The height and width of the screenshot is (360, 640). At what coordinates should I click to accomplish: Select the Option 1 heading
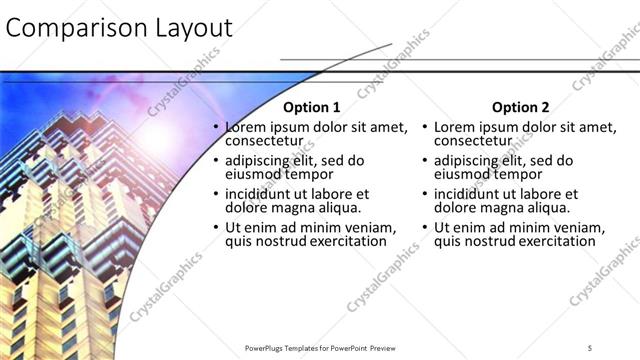click(311, 107)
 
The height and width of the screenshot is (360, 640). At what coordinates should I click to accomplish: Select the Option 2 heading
click(521, 107)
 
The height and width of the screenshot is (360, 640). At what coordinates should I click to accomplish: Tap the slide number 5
click(590, 346)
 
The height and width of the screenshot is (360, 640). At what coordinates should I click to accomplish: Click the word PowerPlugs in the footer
click(267, 347)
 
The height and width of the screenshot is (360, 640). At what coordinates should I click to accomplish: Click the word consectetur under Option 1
click(263, 142)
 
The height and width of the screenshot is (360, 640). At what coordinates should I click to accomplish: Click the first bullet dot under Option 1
click(216, 128)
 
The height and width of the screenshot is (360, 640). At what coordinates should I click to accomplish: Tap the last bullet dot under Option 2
click(426, 227)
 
